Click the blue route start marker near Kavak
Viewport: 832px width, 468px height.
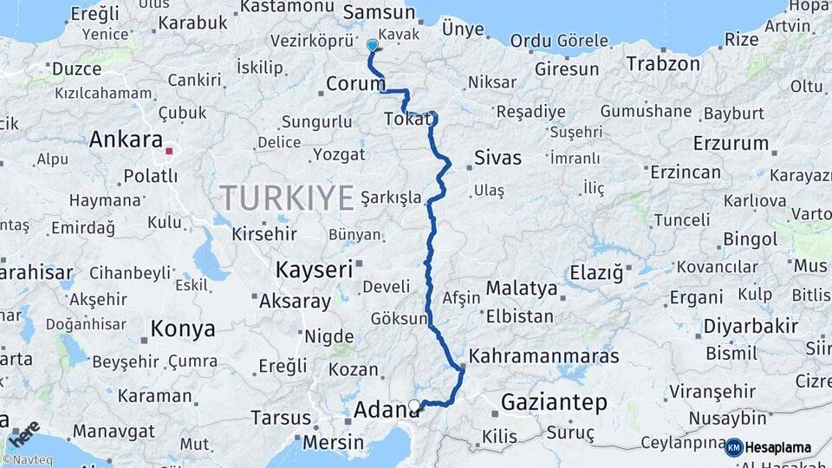[x=373, y=45]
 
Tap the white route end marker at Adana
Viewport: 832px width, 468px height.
[x=414, y=405]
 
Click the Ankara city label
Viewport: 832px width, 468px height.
[x=126, y=140]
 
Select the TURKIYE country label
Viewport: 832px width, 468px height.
[x=287, y=198]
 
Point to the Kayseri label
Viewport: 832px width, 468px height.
[x=314, y=270]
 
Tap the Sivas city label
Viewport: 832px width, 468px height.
[x=498, y=158]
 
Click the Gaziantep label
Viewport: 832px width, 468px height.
[x=554, y=402]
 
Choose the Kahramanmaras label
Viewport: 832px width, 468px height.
[x=544, y=356]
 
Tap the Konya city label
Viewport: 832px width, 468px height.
[x=183, y=329]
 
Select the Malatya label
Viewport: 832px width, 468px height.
[x=521, y=288]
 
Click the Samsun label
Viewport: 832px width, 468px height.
[x=380, y=12]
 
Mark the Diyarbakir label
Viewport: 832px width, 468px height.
[x=738, y=327]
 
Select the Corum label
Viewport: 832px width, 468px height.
[x=355, y=84]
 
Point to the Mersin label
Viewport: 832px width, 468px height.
[x=334, y=442]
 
